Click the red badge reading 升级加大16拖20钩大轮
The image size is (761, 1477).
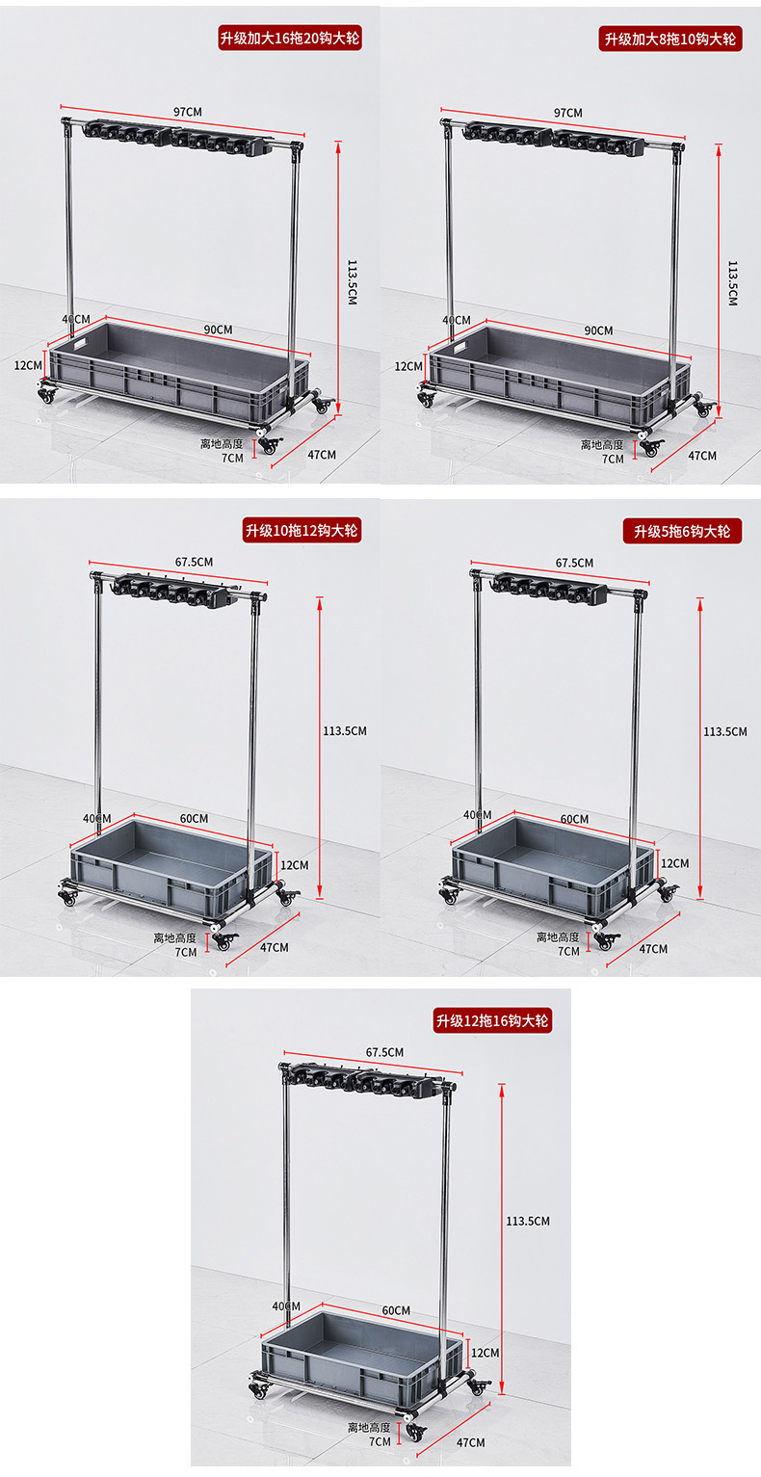pos(290,39)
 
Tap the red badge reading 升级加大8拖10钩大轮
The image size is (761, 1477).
pos(670,39)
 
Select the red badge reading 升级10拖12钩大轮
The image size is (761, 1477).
pos(302,530)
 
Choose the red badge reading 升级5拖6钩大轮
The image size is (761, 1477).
pos(683,531)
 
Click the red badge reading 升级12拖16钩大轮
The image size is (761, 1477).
pos(492,1020)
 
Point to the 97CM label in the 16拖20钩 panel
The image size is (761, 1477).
pos(188,112)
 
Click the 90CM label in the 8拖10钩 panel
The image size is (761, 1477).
pos(599,330)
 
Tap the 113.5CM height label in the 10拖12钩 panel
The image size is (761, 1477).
pos(345,730)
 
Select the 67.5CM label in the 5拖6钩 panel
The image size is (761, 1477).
pos(574,563)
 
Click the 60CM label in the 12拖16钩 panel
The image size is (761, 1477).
pos(396,1310)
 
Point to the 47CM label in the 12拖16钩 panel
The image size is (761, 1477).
pos(471,1442)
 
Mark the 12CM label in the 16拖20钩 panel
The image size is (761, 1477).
pos(28,364)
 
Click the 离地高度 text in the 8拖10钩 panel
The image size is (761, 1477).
pos(602,445)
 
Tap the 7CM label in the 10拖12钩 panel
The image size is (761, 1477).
pos(186,952)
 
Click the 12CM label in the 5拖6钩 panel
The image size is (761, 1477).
pos(675,863)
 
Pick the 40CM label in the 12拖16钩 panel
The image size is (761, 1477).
pos(286,1306)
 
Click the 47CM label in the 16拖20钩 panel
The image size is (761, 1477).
pos(322,455)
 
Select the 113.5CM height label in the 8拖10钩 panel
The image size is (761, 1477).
pos(733,283)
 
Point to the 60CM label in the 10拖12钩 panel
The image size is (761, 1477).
pos(194,818)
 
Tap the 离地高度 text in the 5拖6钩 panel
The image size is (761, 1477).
pos(558,936)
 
